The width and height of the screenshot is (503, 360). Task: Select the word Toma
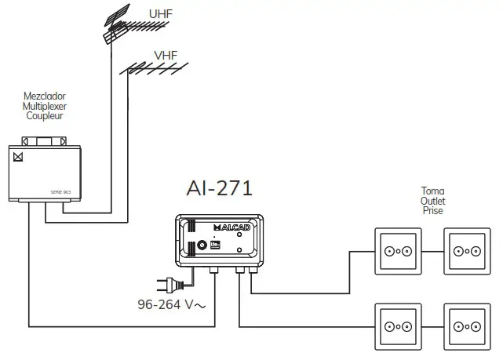(x=432, y=191)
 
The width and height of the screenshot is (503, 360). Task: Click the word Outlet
(x=432, y=200)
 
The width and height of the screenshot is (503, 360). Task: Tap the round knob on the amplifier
(x=202, y=245)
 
